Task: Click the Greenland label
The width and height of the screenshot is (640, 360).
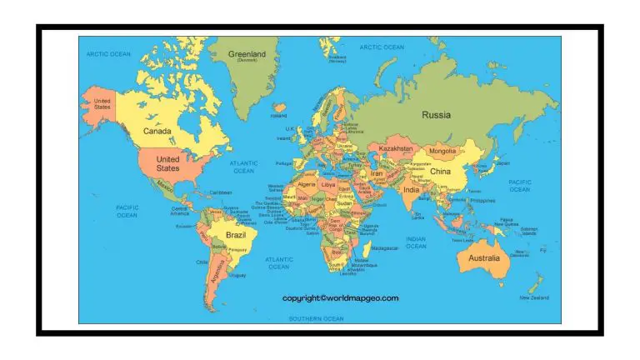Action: [247, 54]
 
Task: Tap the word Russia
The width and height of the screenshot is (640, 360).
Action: [436, 115]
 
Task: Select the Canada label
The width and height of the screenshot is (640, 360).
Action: [157, 131]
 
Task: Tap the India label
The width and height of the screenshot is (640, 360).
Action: [412, 189]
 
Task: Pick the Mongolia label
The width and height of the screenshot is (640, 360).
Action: [442, 152]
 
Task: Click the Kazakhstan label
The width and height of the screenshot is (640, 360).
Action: [396, 148]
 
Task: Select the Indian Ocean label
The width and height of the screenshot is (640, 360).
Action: [416, 242]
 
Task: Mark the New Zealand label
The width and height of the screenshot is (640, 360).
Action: [533, 297]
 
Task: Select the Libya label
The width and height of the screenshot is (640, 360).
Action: [328, 182]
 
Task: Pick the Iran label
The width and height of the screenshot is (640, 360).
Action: [377, 173]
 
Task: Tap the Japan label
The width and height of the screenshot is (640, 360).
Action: [502, 163]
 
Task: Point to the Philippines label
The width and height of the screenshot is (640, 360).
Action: [483, 200]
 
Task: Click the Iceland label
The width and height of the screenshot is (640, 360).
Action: [278, 116]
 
